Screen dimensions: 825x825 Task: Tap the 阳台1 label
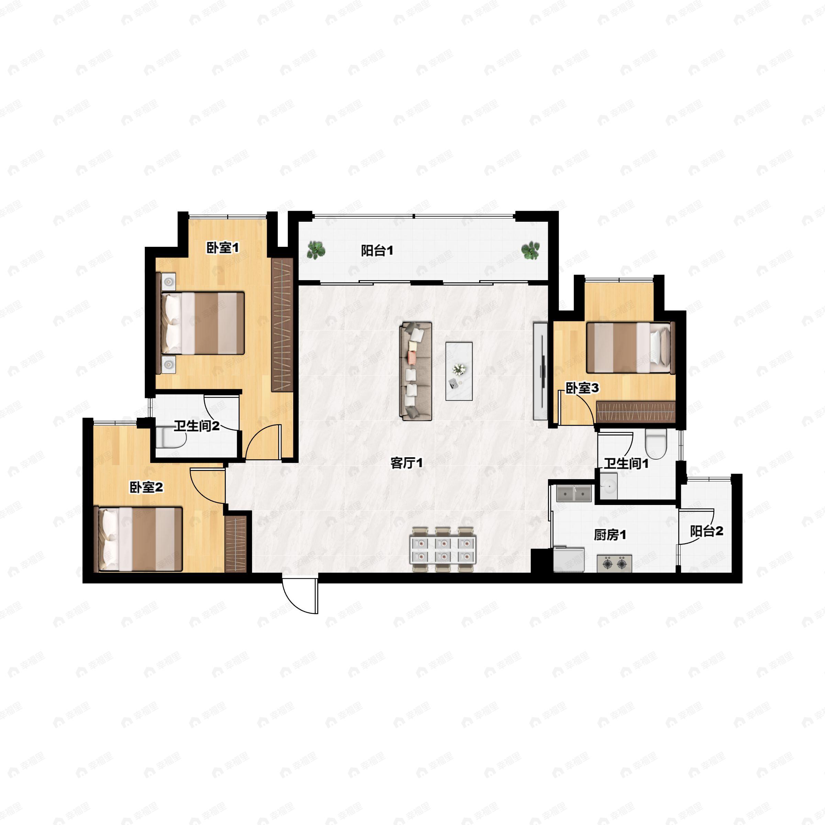point(377,251)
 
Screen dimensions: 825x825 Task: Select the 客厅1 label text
point(407,463)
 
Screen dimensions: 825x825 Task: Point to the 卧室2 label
point(146,487)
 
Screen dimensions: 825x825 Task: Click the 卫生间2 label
point(196,426)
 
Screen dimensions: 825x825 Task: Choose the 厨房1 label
point(610,535)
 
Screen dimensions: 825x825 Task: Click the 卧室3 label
point(582,388)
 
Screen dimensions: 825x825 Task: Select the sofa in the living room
point(416,372)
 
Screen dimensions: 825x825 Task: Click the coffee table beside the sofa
point(459,371)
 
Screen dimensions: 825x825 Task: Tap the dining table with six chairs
point(443,550)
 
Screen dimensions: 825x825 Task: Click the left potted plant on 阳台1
point(316,250)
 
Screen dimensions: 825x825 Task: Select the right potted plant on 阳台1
point(530,250)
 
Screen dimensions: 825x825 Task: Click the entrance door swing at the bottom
point(300,596)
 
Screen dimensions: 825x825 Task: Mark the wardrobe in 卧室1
point(282,324)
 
